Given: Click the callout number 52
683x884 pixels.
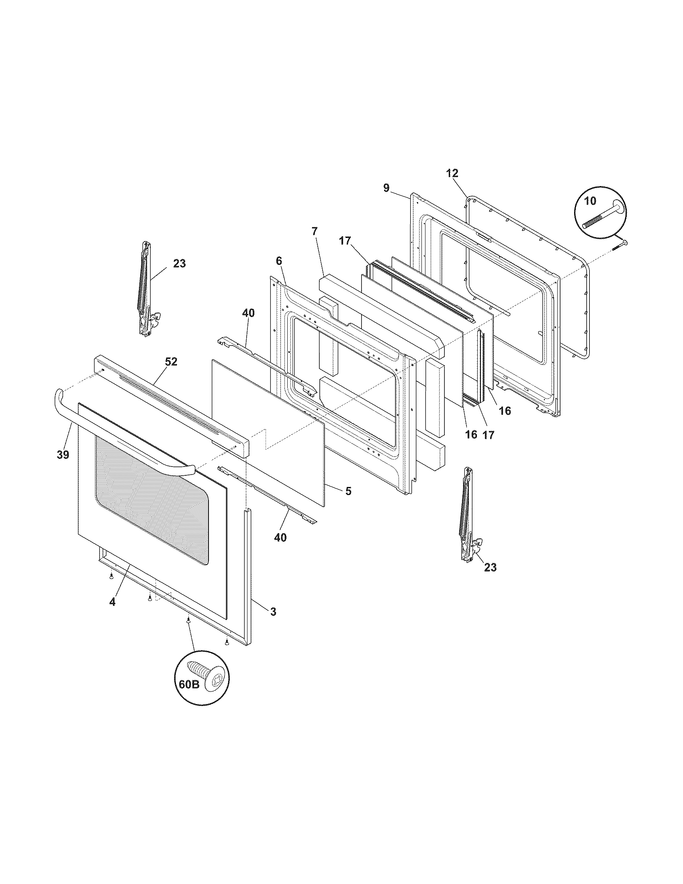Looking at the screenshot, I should [171, 362].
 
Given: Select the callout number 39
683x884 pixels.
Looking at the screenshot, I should [63, 454].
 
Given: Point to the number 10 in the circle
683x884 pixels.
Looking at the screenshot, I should [590, 201].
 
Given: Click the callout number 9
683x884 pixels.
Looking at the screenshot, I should [386, 188].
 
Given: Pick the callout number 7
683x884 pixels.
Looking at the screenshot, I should [315, 231].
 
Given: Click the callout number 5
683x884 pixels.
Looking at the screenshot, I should [348, 491].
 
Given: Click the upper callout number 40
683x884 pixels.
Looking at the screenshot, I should [248, 313].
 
